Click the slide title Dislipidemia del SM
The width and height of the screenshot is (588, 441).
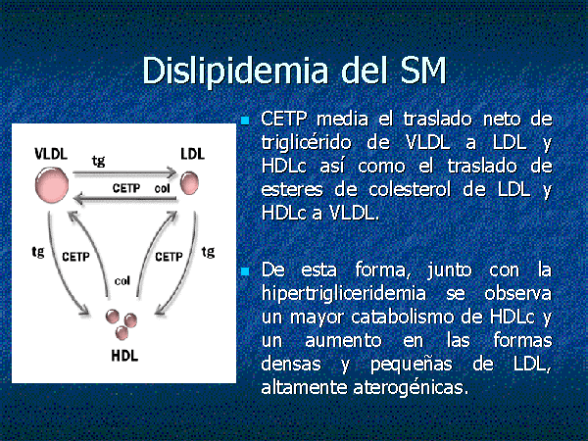point(294,72)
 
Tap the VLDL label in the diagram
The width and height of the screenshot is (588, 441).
point(51,154)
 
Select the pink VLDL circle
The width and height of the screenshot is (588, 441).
point(52,185)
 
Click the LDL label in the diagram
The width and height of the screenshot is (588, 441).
point(193,154)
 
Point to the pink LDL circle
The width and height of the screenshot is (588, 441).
point(189,183)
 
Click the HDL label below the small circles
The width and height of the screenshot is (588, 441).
point(124,356)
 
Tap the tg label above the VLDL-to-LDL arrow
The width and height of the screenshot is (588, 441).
point(98,162)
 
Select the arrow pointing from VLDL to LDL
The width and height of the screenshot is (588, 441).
point(124,172)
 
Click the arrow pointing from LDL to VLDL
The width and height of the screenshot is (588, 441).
point(124,198)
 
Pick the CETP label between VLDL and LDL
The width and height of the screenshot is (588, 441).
point(126,188)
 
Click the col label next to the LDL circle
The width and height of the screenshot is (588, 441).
point(163,188)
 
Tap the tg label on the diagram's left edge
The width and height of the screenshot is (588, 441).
point(38,252)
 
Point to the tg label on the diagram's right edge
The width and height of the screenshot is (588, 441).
point(208,252)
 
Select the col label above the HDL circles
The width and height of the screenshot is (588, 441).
point(122,280)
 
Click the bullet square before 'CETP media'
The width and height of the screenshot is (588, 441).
point(245,121)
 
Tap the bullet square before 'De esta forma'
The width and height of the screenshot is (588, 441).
point(245,271)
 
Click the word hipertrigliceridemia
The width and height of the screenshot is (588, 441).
point(344,294)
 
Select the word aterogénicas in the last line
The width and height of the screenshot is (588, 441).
point(411,387)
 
